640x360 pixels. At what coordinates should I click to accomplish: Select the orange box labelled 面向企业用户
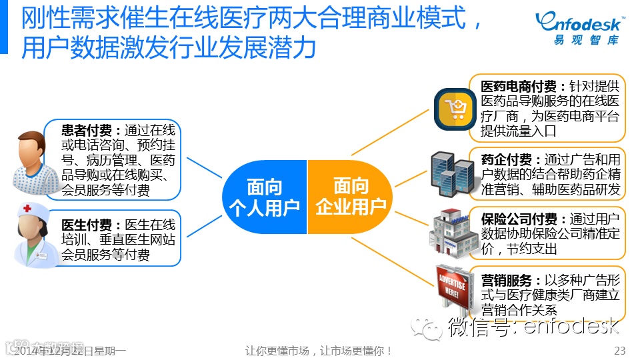click(350, 197)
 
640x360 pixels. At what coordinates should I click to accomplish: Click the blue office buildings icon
click(451, 173)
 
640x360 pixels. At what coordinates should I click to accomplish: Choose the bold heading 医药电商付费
click(523, 87)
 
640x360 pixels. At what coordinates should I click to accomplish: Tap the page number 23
click(619, 351)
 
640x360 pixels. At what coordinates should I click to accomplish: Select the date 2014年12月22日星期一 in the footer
click(70, 351)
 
